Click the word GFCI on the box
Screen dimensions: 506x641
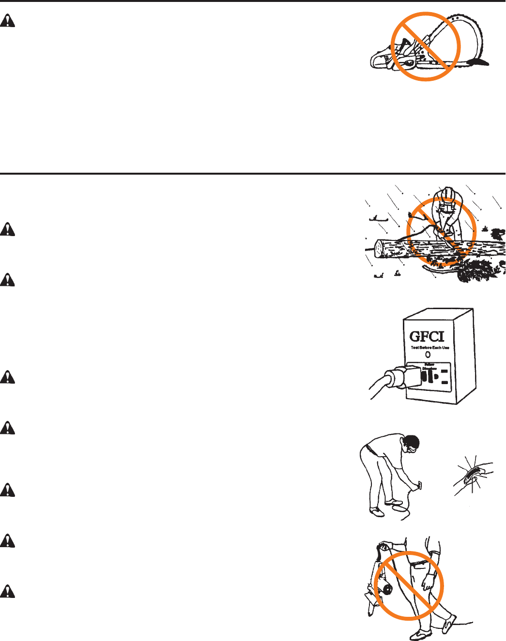pos(427,337)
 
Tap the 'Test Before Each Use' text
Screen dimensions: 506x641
pos(429,348)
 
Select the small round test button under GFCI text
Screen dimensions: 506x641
pos(428,355)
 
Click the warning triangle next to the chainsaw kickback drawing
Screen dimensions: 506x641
pos(7,21)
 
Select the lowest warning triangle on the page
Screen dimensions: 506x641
pos(7,591)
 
